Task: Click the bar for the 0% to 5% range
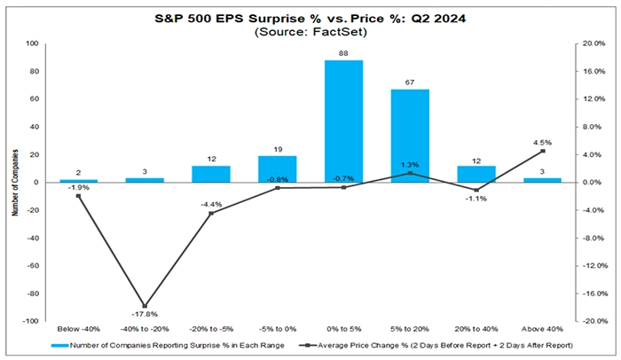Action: coord(343,121)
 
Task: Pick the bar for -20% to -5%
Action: coord(210,174)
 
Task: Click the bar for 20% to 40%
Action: coord(476,174)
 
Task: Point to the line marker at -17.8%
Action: coord(144,306)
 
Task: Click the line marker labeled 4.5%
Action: coord(543,151)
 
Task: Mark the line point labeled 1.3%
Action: coord(410,173)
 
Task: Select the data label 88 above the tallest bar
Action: coord(343,53)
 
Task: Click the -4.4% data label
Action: coord(210,205)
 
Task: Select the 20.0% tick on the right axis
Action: coord(592,43)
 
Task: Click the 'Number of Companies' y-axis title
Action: coord(12,182)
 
